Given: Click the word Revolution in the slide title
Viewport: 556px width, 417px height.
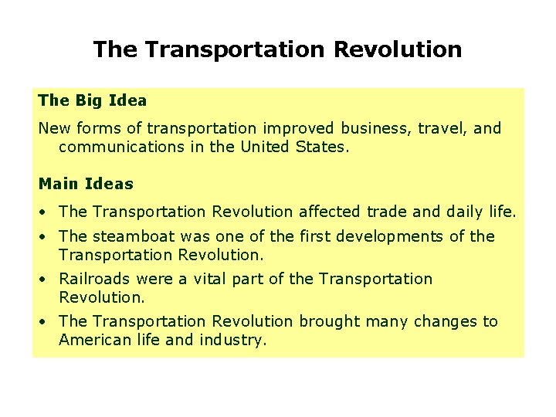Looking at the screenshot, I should click(x=398, y=50).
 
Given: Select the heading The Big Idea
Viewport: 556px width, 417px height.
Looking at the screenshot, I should click(x=92, y=100).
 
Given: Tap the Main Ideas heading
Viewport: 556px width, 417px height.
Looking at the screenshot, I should click(x=86, y=184).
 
